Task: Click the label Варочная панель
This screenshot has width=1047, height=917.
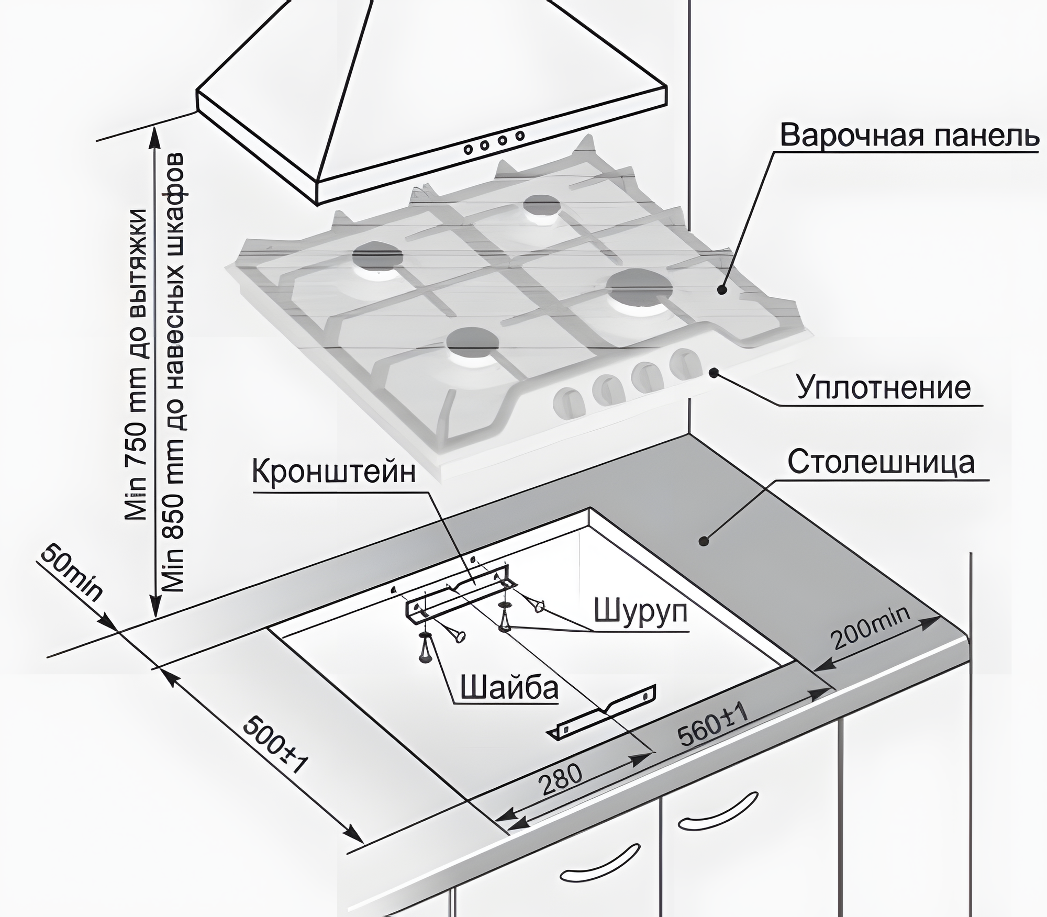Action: pos(908,135)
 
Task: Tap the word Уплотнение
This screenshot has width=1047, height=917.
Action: pos(884,388)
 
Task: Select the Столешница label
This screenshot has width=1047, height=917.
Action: pos(881,462)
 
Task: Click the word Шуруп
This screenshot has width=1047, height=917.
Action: pos(640,610)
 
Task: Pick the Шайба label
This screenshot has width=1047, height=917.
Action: pos(509,687)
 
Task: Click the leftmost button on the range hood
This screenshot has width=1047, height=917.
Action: pos(468,149)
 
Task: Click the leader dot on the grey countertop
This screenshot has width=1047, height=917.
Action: pos(704,541)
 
